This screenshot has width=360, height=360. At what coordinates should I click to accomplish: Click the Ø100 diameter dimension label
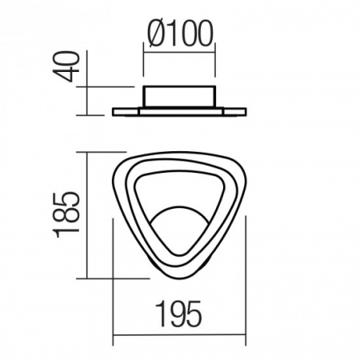coord(181,34)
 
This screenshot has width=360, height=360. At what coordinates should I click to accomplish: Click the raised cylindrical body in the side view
coord(180,97)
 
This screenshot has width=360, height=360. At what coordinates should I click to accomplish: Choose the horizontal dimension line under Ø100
coord(180,53)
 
